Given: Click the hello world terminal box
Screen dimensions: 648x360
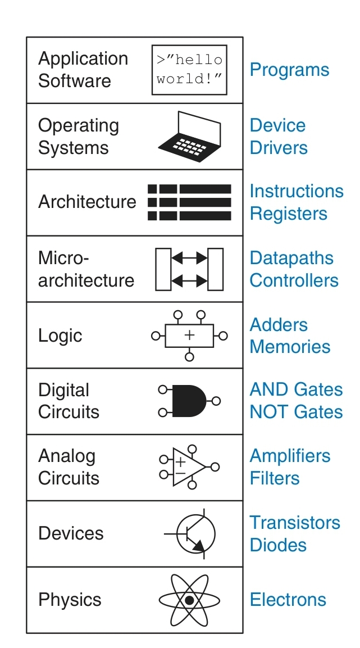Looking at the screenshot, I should coord(189,70).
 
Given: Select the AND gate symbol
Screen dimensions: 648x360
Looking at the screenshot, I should coord(188,401).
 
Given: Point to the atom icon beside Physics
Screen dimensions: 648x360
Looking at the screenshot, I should coord(189,600).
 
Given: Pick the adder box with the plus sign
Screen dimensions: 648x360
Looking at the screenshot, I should coord(189,336).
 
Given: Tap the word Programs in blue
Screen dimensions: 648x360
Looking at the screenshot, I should coord(289,70).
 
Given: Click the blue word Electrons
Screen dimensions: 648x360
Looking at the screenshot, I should coord(288,600).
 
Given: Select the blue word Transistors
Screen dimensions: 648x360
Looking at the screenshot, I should coord(295,523).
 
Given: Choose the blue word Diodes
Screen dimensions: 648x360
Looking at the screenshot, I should coord(278,545).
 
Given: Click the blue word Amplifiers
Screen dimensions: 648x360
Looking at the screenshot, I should coord(290,456).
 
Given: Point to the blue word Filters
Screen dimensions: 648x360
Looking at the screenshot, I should coord(275,478).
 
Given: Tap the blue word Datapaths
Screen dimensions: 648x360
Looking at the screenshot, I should coord(291,259).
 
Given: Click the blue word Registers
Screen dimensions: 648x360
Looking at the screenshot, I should coord(288,214).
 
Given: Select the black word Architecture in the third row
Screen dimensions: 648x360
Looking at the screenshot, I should coord(87,202).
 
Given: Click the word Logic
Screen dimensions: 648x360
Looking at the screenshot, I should coord(60,336).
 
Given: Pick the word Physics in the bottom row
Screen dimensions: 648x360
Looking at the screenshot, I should coord(70,600).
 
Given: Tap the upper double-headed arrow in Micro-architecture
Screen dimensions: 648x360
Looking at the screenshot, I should coord(189,259).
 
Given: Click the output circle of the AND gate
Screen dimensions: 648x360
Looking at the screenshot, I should coord(217,401).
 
